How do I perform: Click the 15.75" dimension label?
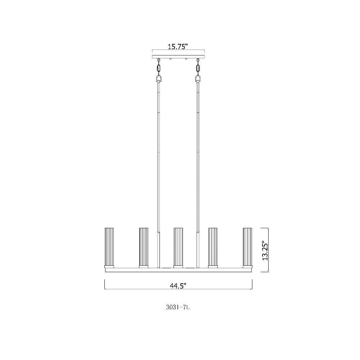tap(178, 46)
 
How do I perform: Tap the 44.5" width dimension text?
tap(178, 286)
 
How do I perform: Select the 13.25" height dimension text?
tap(265, 250)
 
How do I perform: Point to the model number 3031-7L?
tap(178, 307)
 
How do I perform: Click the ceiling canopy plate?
tap(179, 57)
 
